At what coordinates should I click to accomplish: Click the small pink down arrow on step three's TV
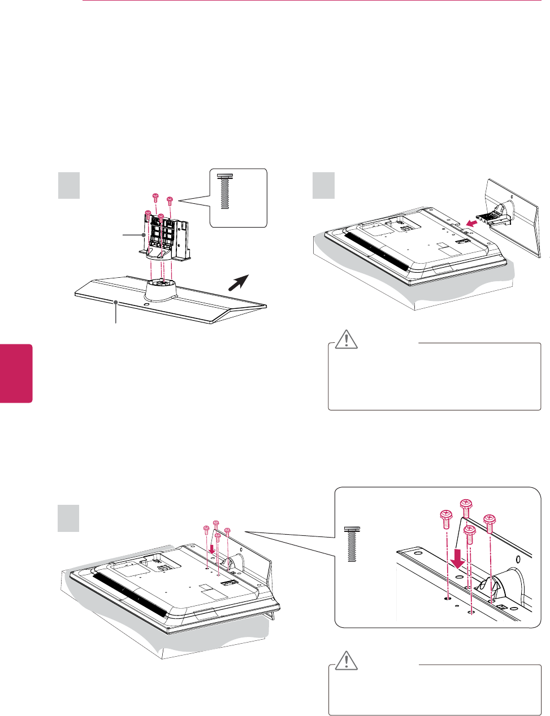(x=211, y=548)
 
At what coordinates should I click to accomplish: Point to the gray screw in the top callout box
(x=224, y=191)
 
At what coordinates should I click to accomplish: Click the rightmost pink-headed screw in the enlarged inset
(x=490, y=520)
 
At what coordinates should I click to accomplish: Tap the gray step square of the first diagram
(x=69, y=185)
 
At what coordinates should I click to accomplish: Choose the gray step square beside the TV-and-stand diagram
(x=324, y=185)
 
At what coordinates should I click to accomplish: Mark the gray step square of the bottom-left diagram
(x=69, y=518)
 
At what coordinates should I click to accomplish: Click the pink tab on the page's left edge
(x=16, y=373)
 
